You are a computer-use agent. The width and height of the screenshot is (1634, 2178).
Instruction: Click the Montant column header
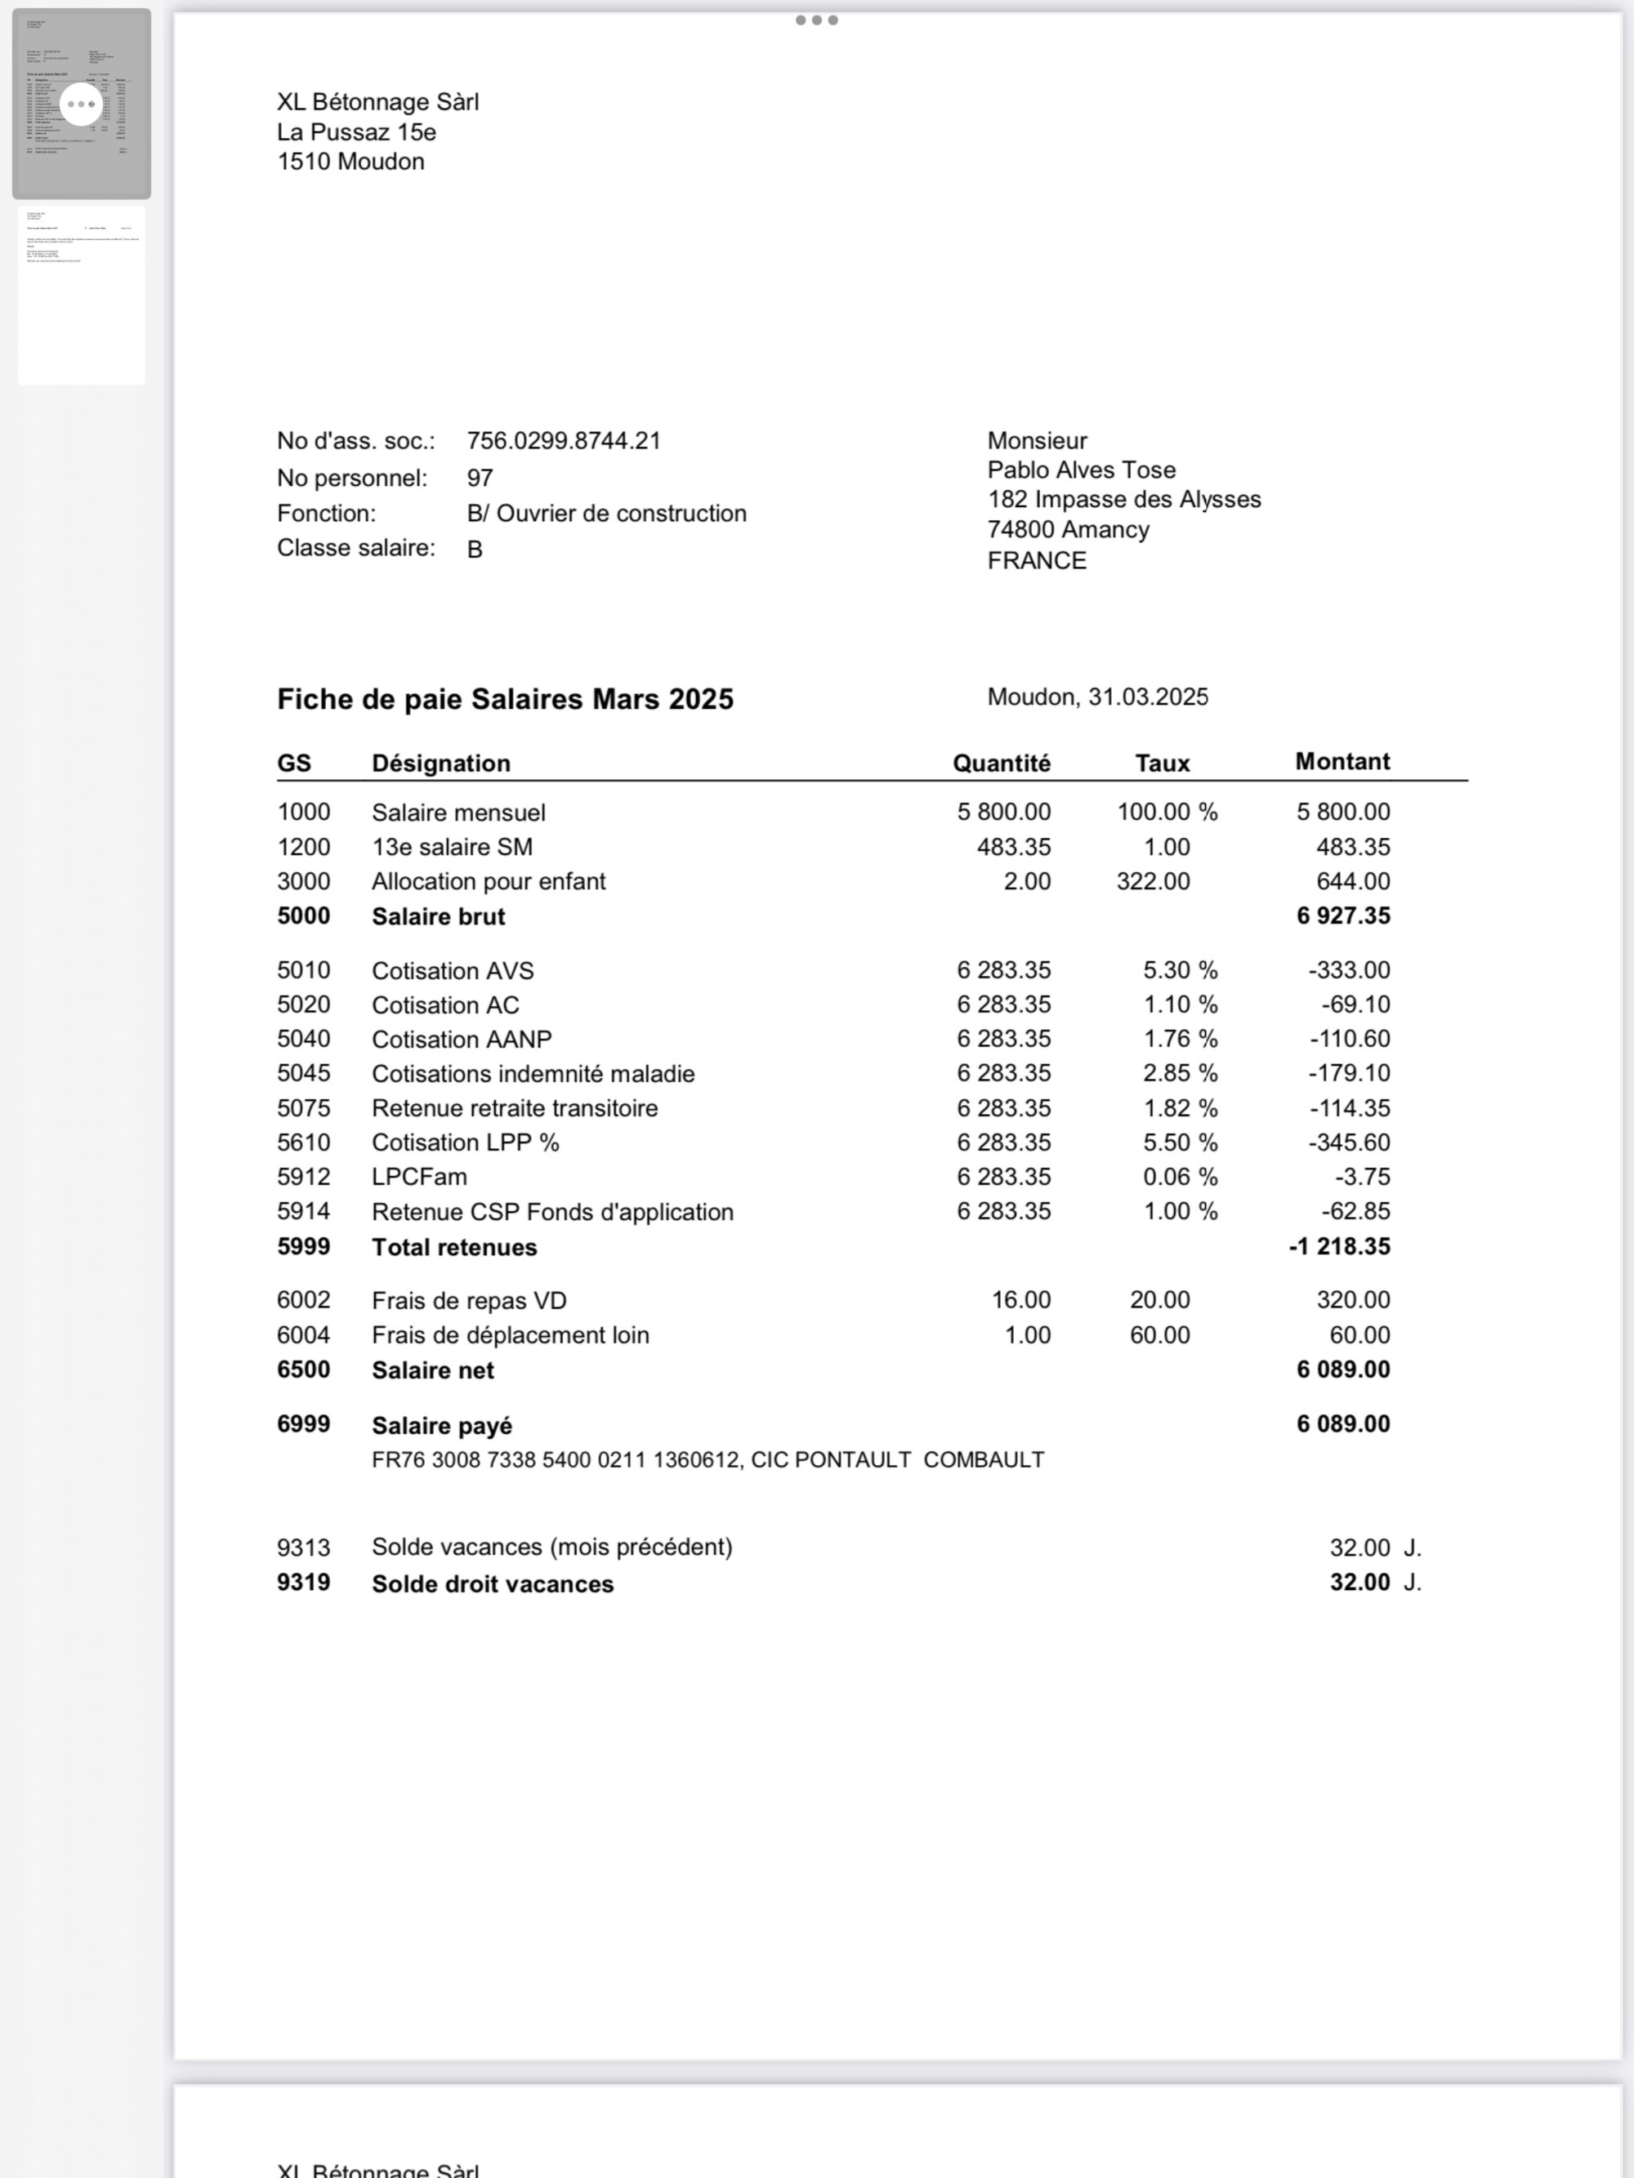pos(1342,761)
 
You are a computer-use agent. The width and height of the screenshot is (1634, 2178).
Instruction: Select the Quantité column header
pos(1001,763)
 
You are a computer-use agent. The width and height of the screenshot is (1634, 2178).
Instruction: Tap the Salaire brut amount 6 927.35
pos(1342,915)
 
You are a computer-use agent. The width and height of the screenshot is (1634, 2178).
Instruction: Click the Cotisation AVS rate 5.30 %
pos(1179,970)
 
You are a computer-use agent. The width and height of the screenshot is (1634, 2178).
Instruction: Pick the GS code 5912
pos(303,1177)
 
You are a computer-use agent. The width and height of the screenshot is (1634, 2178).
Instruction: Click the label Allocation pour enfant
pos(489,881)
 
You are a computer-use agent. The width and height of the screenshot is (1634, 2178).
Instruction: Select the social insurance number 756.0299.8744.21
pos(564,440)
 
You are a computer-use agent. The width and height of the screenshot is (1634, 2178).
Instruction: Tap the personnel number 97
pos(480,478)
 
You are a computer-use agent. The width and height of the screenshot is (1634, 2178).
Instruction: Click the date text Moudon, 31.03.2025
pos(1097,697)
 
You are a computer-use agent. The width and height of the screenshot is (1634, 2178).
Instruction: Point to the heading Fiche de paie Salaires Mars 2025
pos(505,699)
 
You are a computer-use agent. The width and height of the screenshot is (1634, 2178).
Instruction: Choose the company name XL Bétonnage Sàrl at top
pos(378,102)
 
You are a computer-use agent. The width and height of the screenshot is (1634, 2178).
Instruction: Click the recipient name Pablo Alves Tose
pos(1082,470)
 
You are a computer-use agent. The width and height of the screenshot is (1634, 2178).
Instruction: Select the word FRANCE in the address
pos(1037,560)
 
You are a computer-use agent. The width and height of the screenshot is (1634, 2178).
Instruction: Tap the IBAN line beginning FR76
pos(708,1459)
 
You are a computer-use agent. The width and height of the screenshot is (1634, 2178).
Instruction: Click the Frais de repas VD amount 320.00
pos(1352,1300)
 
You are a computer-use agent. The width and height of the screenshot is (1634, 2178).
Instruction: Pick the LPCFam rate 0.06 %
pos(1179,1177)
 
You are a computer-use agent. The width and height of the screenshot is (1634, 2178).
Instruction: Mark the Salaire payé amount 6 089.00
pos(1342,1423)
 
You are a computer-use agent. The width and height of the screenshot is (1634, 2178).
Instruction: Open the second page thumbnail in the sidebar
pos(82,295)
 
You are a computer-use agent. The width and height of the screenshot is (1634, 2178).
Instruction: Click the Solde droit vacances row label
pos(493,1583)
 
